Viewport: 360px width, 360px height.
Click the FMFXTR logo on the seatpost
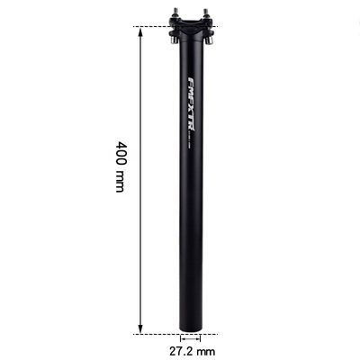click(x=191, y=102)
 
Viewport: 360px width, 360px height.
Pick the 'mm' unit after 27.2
click(x=206, y=349)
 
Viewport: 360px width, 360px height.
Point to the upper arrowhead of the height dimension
click(x=141, y=31)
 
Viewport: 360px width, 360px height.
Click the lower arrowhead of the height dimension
click(x=141, y=328)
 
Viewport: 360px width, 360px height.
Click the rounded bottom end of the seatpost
click(x=191, y=329)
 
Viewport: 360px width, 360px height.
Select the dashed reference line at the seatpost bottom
click(x=153, y=333)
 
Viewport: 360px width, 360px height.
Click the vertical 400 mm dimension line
click(x=141, y=180)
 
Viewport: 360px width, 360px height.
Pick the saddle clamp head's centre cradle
click(x=192, y=27)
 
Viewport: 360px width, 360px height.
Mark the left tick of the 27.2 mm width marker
click(x=178, y=338)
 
